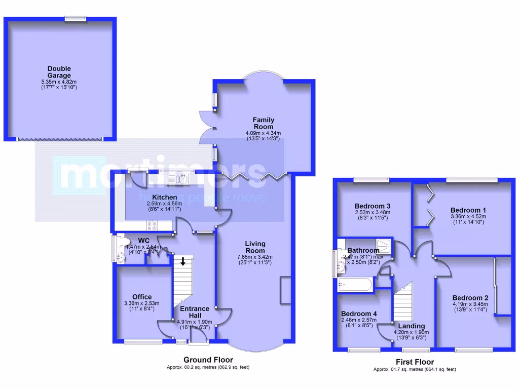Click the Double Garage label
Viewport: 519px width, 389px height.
point(59,72)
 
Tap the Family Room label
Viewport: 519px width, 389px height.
point(263,123)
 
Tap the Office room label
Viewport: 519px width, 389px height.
point(142,297)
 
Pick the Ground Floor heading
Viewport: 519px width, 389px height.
point(208,360)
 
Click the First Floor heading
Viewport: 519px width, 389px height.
point(415,362)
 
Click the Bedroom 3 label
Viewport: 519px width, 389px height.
point(372,206)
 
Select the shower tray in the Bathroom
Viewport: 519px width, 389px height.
point(385,246)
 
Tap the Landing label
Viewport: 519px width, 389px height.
point(411,326)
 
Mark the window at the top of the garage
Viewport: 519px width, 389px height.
point(75,19)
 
